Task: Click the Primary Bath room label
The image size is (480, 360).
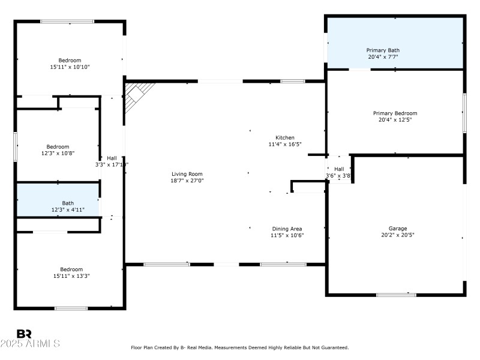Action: (x=383, y=50)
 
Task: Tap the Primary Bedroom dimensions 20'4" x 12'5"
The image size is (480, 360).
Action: (x=395, y=119)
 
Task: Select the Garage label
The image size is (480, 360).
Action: (x=398, y=229)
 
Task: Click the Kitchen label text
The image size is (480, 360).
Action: (x=285, y=137)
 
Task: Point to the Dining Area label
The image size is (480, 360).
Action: (x=287, y=229)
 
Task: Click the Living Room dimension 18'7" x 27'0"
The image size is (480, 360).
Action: (x=187, y=181)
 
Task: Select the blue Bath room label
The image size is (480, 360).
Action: (x=68, y=203)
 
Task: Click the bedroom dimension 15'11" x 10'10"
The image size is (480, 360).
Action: (x=70, y=67)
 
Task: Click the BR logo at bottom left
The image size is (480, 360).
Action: (x=25, y=334)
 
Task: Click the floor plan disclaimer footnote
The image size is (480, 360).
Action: (x=240, y=347)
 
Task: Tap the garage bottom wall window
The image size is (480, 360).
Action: (x=396, y=295)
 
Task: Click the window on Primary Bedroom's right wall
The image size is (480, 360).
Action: (x=464, y=113)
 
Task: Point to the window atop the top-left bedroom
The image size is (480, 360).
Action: (x=67, y=22)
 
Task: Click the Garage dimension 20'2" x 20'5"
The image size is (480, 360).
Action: (x=398, y=235)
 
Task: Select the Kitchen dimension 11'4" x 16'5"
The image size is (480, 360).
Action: (x=285, y=144)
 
